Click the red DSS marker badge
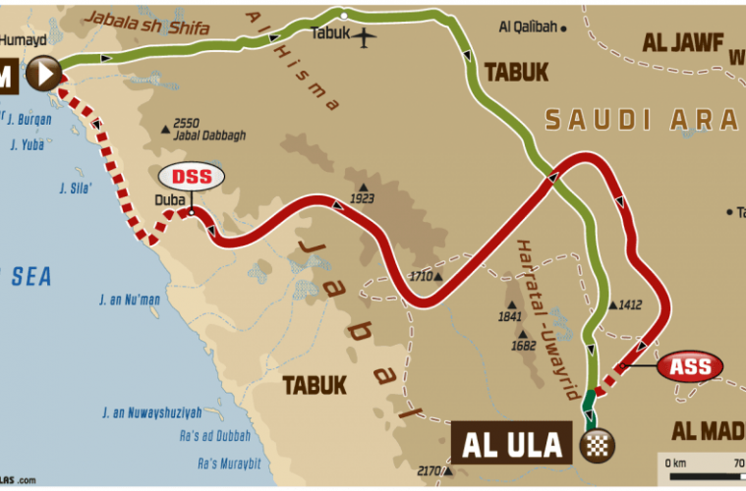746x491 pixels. (x=193, y=177)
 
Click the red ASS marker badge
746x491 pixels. (x=691, y=367)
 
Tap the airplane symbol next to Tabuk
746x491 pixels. (x=366, y=38)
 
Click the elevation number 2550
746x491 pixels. (x=187, y=123)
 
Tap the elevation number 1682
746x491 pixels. (x=523, y=345)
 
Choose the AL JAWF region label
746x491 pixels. (x=682, y=42)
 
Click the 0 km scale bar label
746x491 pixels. (x=676, y=462)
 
